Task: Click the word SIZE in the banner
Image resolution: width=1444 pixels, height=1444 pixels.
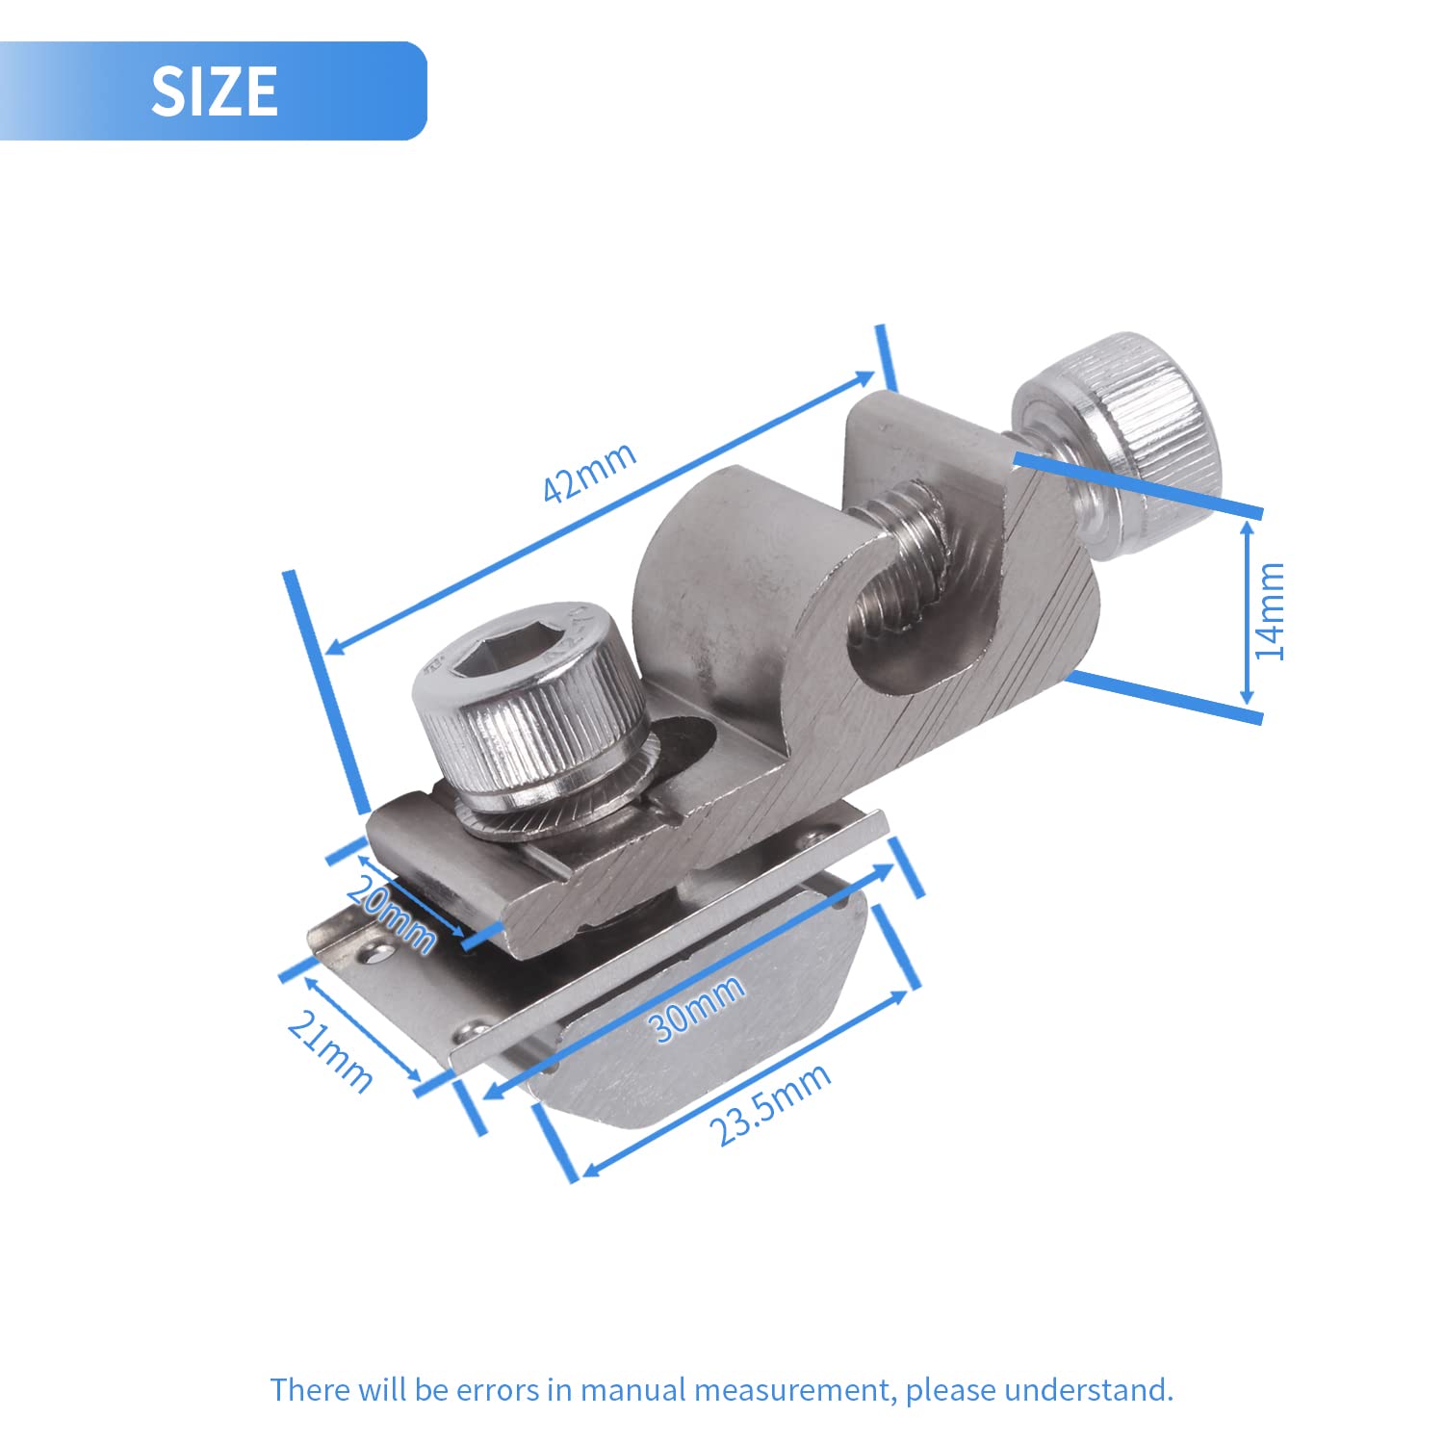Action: (x=214, y=91)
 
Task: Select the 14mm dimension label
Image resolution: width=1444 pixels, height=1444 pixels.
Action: (x=1271, y=610)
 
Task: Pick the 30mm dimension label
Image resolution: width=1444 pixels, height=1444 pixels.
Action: (x=698, y=1007)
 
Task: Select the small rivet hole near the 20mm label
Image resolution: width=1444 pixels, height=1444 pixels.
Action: (x=375, y=954)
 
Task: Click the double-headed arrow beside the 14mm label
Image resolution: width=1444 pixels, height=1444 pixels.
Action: (x=1248, y=612)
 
